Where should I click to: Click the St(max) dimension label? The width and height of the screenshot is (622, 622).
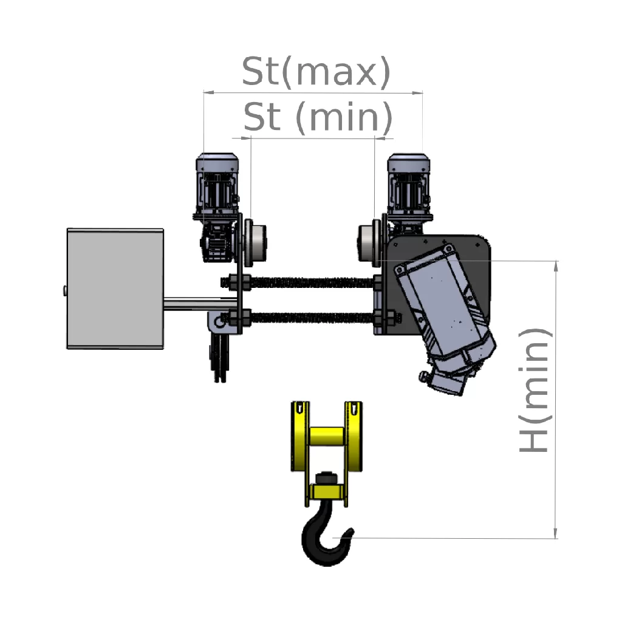(316, 72)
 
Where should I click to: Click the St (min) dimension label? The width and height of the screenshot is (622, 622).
(318, 117)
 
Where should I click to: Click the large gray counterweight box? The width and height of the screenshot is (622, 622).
(115, 289)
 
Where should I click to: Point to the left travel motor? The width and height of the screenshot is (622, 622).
(217, 186)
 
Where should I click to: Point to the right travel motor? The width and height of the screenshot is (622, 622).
(409, 186)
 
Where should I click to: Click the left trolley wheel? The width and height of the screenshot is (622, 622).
(255, 242)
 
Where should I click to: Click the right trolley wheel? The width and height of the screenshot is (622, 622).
(369, 242)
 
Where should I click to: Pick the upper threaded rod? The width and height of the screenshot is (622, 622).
(301, 282)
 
